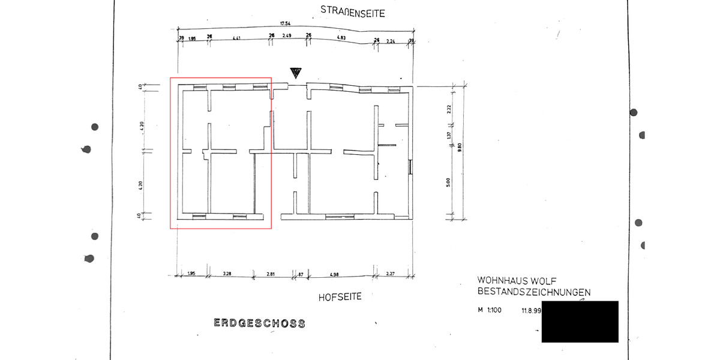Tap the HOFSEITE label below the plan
(340, 296)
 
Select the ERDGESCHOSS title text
(259, 323)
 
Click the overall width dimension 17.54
(285, 24)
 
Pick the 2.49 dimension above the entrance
(288, 37)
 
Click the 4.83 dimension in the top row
(341, 38)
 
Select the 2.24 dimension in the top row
(391, 41)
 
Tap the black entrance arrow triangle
(295, 73)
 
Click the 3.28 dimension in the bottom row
(227, 274)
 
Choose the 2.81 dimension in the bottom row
(271, 274)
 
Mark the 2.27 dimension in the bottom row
(391, 275)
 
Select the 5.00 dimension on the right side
(449, 182)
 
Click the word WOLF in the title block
(542, 280)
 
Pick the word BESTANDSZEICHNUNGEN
(533, 292)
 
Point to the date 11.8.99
(532, 311)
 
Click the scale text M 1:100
(489, 311)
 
